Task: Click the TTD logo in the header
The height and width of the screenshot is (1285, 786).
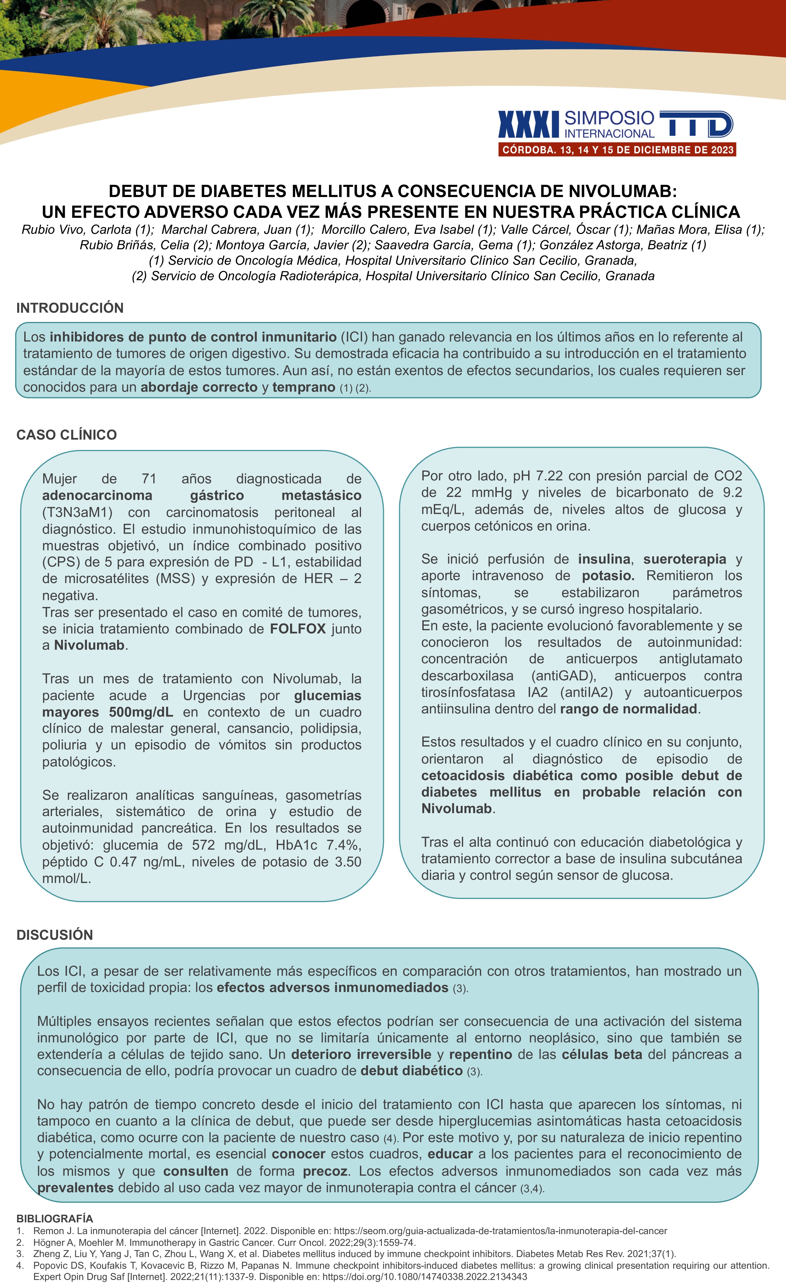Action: click(x=696, y=124)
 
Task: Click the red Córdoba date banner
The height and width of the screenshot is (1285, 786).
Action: click(x=617, y=150)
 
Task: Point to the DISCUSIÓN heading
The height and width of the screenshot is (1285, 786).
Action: click(x=55, y=934)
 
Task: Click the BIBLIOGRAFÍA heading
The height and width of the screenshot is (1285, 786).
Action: click(x=54, y=1218)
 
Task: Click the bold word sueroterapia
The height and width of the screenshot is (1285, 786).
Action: click(x=684, y=559)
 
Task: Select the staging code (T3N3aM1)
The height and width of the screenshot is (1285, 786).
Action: click(x=77, y=512)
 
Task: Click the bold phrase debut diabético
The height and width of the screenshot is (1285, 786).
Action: click(x=411, y=1071)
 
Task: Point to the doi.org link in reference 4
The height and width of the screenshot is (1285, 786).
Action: click(x=424, y=1277)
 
